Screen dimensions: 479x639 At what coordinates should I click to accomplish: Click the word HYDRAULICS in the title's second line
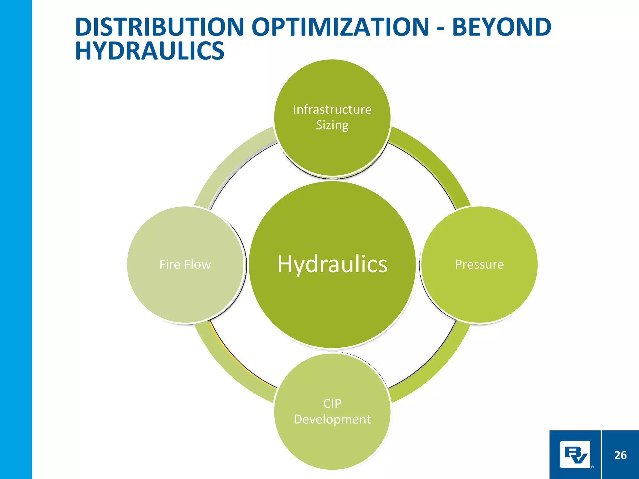[x=149, y=51]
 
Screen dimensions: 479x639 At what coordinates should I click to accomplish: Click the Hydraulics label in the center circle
[x=332, y=264]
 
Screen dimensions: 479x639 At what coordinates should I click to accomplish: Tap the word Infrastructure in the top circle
[x=332, y=109]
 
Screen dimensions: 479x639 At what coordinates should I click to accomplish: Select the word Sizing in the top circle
[x=332, y=125]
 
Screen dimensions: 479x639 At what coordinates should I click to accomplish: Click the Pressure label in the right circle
[x=479, y=264]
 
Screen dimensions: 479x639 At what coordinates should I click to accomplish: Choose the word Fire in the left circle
[x=170, y=264]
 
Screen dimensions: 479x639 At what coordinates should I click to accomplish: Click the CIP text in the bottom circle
[x=332, y=404]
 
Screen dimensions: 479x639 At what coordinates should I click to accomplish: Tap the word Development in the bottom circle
[x=332, y=419]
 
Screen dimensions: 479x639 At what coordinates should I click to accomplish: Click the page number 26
[x=620, y=455]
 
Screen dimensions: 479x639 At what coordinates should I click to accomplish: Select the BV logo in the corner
[x=575, y=455]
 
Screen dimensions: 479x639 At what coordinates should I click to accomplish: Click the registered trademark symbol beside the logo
[x=592, y=467]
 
